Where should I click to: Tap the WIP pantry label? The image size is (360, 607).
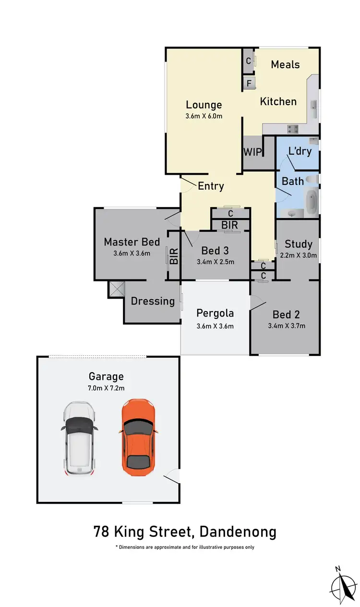point(252,152)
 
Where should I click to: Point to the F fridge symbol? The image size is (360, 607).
point(249,83)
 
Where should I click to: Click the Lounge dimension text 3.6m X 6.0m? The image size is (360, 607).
point(204,116)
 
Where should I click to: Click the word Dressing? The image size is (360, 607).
point(153,301)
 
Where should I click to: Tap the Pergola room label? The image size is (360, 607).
point(215,313)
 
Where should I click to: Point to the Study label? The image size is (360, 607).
point(298,243)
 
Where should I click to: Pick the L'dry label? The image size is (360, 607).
point(300,151)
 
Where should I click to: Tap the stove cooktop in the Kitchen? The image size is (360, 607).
point(292,128)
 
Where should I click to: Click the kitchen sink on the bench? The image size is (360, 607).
point(313,109)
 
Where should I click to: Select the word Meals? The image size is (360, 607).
point(285,64)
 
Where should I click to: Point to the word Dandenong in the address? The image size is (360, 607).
point(238,532)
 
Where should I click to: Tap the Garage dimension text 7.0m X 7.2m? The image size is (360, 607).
point(106,388)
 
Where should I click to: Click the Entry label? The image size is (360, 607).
point(211,186)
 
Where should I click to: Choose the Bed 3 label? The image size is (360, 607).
point(215,250)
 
